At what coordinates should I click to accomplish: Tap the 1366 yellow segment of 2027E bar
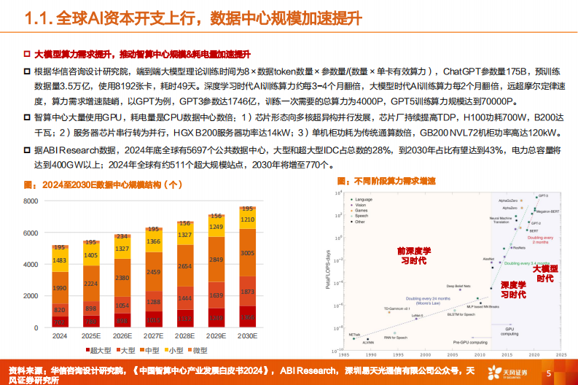click(154, 241)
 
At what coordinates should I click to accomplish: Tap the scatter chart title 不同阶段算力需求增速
click(390, 180)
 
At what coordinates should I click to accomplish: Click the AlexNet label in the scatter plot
click(489, 258)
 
